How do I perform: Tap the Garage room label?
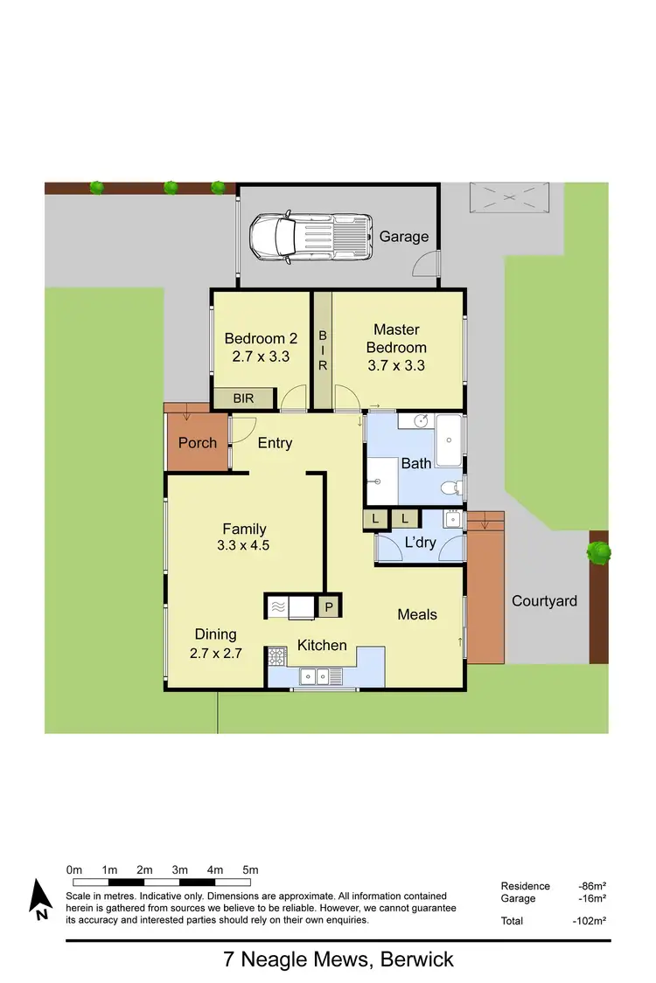coord(403,237)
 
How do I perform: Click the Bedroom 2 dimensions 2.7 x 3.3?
coord(261,357)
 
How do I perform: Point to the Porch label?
coord(198,443)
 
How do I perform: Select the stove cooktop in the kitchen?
coord(277,655)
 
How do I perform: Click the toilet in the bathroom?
coord(450,488)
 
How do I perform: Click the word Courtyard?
coord(544,601)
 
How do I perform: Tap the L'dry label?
coord(420,543)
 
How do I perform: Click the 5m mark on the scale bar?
coord(250,870)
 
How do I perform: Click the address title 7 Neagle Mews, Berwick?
coord(338,959)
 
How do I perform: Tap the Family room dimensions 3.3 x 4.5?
coord(244,545)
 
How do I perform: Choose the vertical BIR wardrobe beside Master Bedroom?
coord(322,350)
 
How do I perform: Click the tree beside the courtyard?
coord(598,551)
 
